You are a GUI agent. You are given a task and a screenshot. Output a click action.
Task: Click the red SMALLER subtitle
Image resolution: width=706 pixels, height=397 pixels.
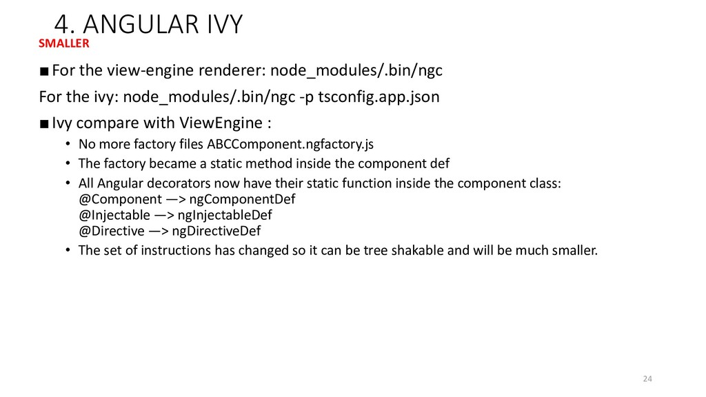coord(64,43)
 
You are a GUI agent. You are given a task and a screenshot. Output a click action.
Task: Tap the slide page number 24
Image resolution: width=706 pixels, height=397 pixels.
coord(647,378)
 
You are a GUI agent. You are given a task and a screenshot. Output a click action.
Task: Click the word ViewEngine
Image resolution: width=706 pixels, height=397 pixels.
coord(221,124)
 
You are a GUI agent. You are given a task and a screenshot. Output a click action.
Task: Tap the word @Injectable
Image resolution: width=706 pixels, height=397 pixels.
coord(110,215)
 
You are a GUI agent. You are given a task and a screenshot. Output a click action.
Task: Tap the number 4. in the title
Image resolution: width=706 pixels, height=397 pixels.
coord(63,25)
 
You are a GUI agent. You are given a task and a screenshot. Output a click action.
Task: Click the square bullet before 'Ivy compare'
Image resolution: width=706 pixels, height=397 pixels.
coord(44,125)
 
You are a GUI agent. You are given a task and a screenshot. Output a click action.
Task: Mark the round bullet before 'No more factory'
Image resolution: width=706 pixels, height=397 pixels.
coord(68,145)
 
